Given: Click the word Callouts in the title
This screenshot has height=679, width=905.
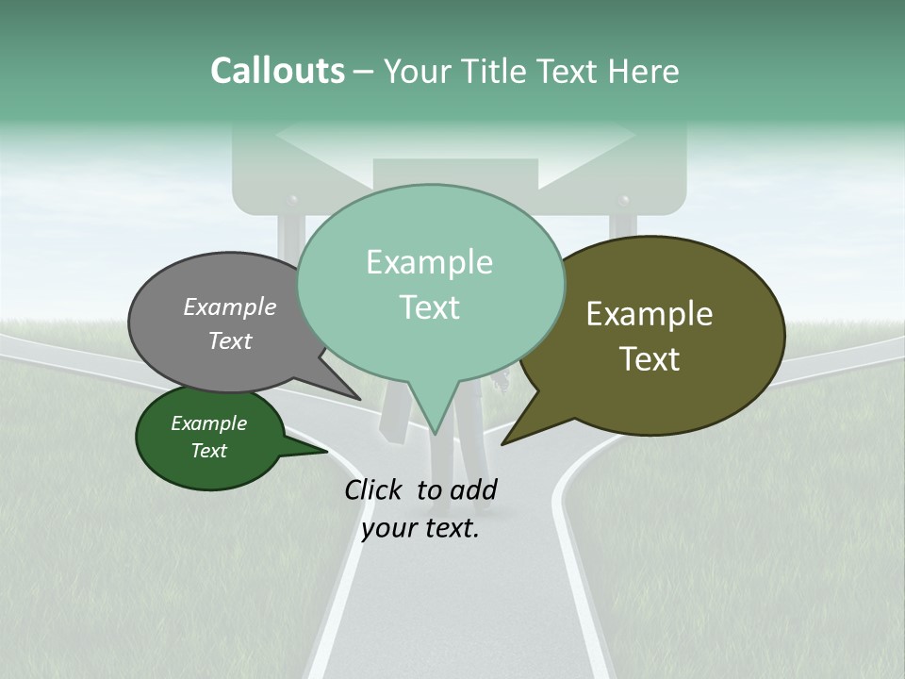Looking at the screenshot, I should pyautogui.click(x=277, y=72).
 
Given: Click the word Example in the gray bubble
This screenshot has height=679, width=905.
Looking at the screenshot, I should pyautogui.click(x=230, y=307).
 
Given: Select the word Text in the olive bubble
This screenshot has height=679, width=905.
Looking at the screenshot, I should pyautogui.click(x=650, y=359).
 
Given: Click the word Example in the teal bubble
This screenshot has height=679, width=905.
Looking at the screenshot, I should pyautogui.click(x=430, y=262).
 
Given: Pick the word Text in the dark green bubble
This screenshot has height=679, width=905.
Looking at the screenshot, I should pyautogui.click(x=209, y=451).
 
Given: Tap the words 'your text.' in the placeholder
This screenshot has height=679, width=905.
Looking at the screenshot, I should pyautogui.click(x=420, y=529).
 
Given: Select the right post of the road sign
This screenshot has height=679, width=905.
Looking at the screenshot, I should pyautogui.click(x=623, y=226).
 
